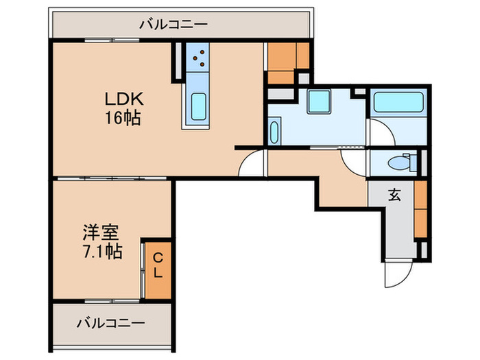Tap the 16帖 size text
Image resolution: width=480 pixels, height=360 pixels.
coord(124,117)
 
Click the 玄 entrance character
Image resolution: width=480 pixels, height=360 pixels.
coord(396,195)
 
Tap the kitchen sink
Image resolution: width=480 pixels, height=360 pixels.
coord(198,106)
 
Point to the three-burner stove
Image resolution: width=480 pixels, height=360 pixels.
coord(200,59)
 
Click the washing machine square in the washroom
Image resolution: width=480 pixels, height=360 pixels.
coord(319,101)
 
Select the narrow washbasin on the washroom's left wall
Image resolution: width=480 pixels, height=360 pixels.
coord(274,130)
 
